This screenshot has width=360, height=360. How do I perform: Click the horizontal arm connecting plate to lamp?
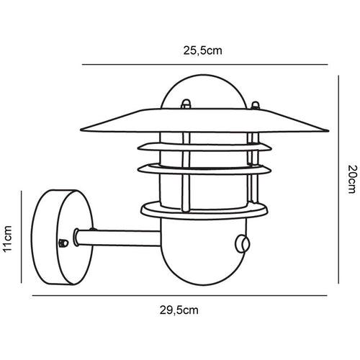[115, 235]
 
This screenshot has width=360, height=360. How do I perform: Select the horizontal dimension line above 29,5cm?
[179, 294]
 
